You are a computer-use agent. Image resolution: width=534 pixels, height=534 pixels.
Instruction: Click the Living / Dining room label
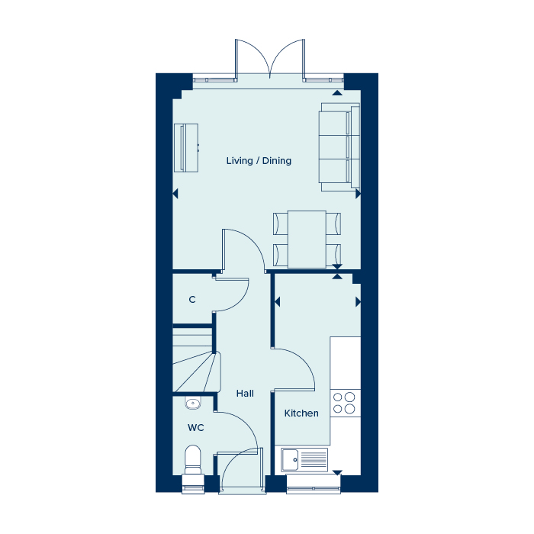tap(259, 161)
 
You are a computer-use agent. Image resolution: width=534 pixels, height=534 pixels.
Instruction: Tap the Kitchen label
tap(301, 413)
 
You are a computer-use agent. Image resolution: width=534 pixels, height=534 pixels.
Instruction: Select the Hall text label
tap(245, 394)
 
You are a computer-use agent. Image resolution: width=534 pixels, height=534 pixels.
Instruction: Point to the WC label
tap(196, 428)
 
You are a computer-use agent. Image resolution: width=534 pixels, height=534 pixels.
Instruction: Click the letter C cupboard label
tap(192, 300)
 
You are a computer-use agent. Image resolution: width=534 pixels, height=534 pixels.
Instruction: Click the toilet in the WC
tap(193, 459)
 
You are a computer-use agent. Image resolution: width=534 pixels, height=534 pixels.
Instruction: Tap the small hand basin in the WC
tap(193, 403)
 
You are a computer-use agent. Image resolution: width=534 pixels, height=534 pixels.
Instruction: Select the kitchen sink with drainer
tap(304, 460)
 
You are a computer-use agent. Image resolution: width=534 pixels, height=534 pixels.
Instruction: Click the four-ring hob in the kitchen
tap(345, 403)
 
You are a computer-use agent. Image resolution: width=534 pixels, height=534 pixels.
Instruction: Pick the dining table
tap(307, 240)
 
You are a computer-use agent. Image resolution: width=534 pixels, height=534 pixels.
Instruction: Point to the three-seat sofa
tap(339, 147)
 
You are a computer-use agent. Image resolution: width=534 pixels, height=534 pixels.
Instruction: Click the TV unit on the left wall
tap(186, 148)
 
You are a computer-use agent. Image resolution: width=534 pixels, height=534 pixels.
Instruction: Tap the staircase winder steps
tap(195, 372)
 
